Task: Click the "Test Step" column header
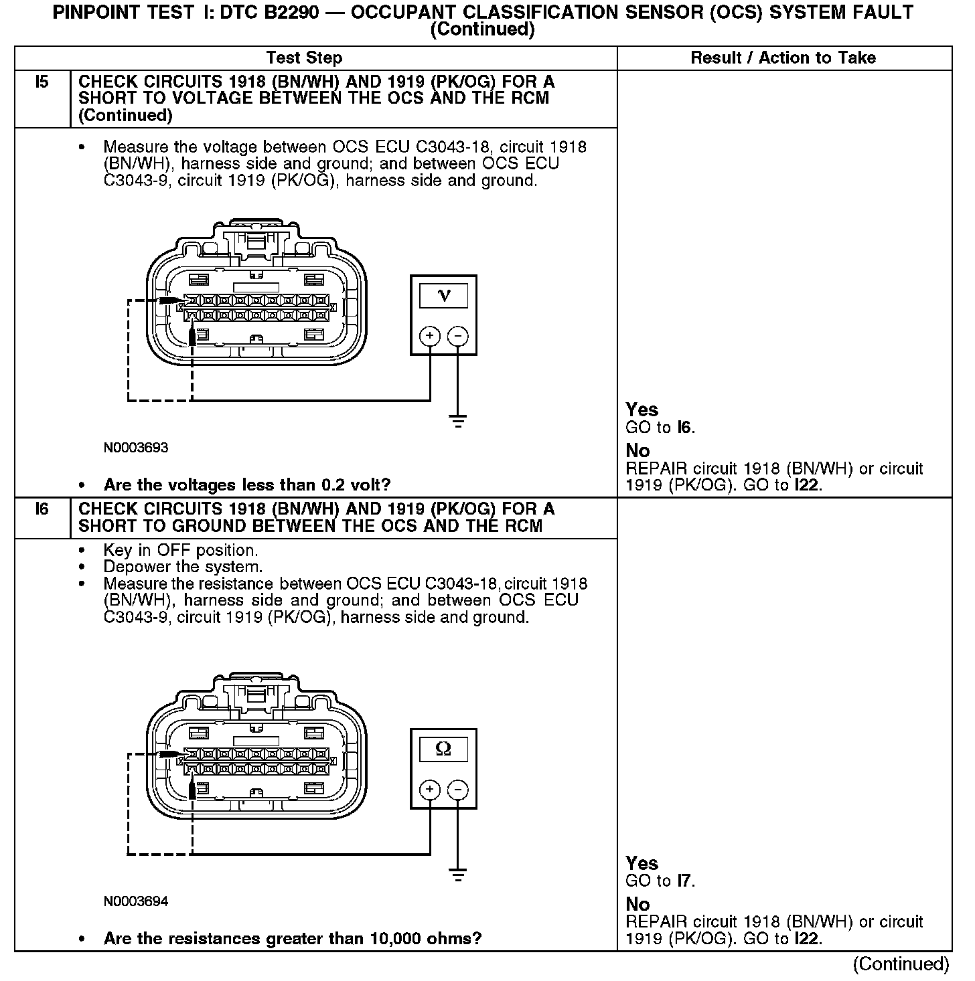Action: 304,58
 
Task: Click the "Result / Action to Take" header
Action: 783,58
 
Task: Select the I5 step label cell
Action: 42,82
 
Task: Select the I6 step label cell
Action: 42,509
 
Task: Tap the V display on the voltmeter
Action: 443,295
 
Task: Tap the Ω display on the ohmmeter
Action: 443,748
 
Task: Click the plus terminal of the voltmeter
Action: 429,335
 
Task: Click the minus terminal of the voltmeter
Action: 457,335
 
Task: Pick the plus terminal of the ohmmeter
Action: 429,790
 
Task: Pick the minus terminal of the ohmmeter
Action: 457,790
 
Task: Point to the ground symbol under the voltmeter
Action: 458,422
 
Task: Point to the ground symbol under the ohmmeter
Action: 458,875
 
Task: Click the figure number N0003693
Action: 136,448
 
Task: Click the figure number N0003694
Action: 136,901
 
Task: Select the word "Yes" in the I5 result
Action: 642,410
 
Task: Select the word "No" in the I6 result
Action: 637,904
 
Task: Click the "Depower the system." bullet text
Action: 183,567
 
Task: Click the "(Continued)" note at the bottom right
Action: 901,964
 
